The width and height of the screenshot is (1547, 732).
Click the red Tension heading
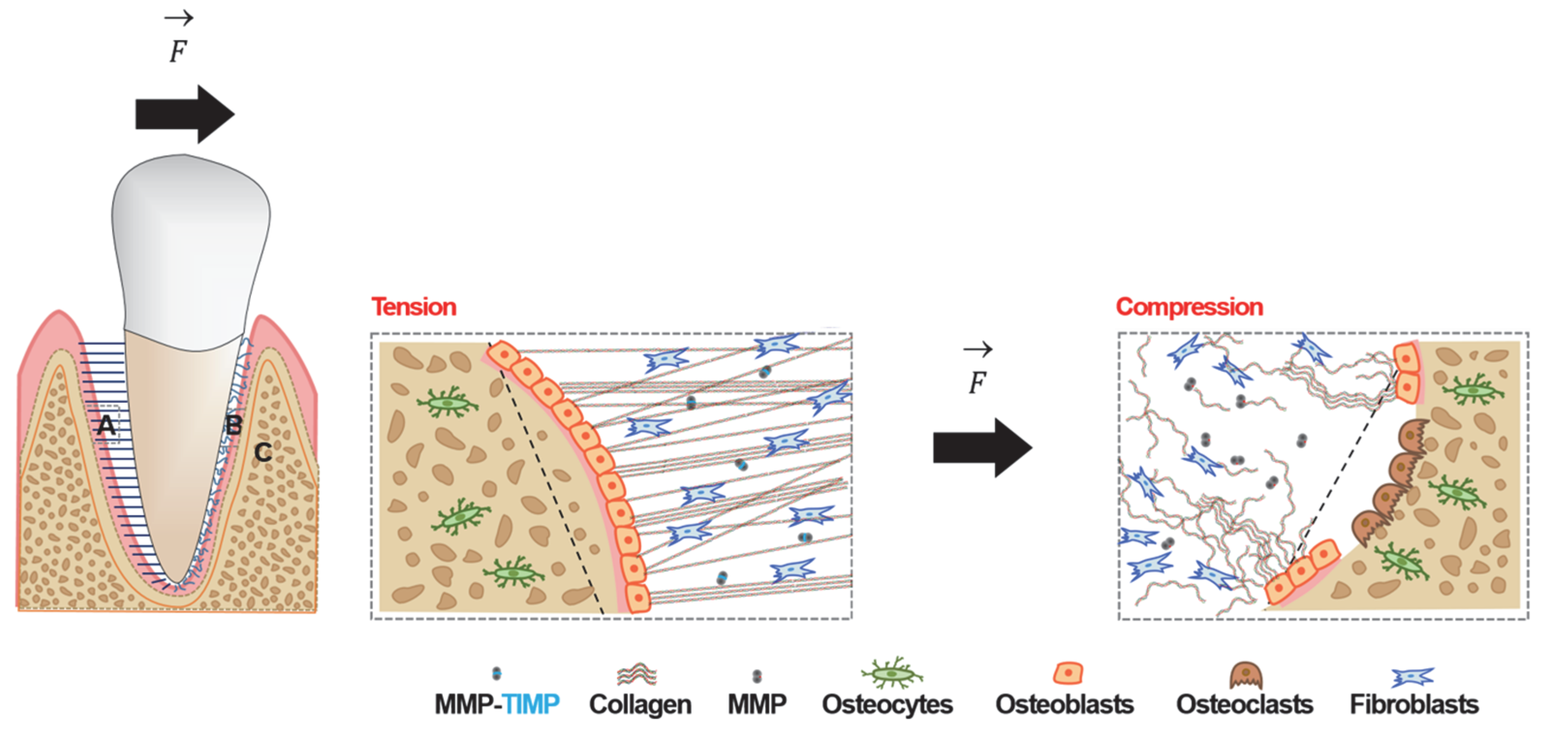[x=414, y=307]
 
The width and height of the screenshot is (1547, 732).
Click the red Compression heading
[x=1189, y=307]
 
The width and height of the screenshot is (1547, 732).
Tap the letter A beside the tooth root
[x=106, y=426]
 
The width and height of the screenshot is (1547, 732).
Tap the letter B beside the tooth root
[x=233, y=426]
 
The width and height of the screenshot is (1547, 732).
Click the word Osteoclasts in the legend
[x=1244, y=704]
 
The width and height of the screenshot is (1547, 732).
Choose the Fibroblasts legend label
[x=1414, y=704]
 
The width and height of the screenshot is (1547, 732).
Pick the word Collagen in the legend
[x=640, y=704]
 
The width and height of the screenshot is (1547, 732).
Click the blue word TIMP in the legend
[x=531, y=704]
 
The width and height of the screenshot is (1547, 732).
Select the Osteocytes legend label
[x=887, y=704]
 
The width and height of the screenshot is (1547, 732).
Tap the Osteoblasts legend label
[x=1065, y=704]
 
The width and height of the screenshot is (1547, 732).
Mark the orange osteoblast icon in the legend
[x=1068, y=673]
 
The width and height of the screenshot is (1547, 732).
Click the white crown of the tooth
[x=191, y=240]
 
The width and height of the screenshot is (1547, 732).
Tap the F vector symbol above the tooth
[x=178, y=42]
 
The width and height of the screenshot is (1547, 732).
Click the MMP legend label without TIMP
[x=757, y=704]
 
